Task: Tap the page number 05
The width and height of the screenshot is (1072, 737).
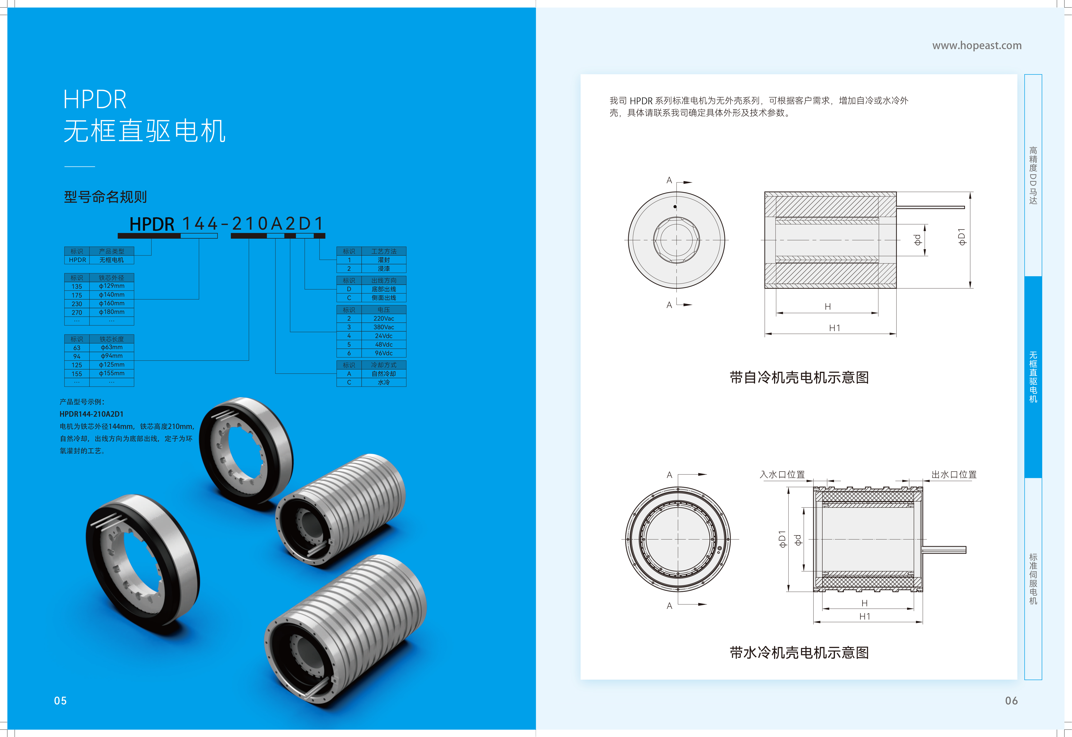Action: point(61,700)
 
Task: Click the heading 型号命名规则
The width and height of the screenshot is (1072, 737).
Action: point(105,197)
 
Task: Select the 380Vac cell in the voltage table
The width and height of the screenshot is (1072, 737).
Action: point(384,327)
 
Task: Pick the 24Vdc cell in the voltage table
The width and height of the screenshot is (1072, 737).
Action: point(384,336)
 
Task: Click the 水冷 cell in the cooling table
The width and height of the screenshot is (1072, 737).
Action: point(384,382)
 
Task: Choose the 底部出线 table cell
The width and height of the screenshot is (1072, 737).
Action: point(384,289)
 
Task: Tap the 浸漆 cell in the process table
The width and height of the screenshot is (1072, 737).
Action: point(384,268)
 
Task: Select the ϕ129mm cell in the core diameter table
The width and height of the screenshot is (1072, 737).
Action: point(112,286)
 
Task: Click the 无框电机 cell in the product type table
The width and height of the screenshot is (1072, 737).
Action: point(112,260)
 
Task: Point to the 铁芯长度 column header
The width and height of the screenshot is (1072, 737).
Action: point(112,339)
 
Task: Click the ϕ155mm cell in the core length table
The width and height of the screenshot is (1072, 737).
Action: point(112,373)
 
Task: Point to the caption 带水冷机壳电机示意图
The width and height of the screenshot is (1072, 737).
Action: point(799,653)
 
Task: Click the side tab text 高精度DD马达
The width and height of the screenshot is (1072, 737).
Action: point(1033,175)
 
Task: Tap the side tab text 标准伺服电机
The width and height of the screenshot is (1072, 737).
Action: point(1033,579)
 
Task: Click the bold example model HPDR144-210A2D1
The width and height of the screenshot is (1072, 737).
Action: point(91,414)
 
